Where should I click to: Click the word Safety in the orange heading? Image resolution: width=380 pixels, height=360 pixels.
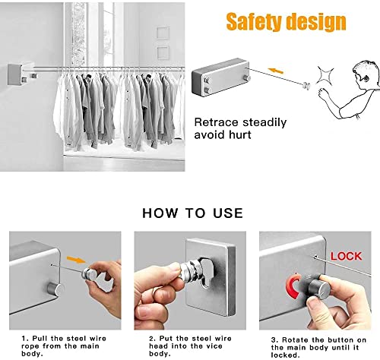(x=255, y=22)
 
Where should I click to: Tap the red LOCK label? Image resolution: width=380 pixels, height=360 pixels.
(x=347, y=256)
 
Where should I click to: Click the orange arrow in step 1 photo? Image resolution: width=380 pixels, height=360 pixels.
(x=76, y=260)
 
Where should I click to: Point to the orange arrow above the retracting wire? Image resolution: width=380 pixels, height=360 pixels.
(x=276, y=71)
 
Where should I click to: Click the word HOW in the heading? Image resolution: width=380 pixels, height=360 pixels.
(x=160, y=213)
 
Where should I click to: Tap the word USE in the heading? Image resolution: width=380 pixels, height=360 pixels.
(x=228, y=213)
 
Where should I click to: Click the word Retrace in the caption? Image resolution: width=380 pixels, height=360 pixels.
(x=216, y=122)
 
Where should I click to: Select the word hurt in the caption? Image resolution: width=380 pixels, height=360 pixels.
(x=240, y=134)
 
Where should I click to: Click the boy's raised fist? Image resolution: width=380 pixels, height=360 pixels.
(x=323, y=93)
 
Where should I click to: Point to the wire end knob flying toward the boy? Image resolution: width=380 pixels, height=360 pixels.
(x=307, y=86)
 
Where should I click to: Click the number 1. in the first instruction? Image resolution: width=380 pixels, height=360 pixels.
(x=25, y=339)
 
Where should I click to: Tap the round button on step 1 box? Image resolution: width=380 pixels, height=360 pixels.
(x=54, y=289)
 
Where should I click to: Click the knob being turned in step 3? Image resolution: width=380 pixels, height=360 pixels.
(x=319, y=287)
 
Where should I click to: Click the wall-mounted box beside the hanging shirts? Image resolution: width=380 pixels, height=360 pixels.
(x=14, y=74)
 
